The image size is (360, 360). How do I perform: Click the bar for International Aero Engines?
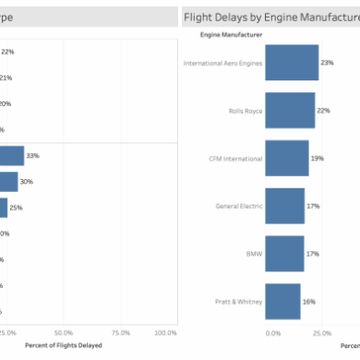(x=291, y=63)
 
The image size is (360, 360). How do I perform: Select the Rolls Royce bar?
(x=290, y=110)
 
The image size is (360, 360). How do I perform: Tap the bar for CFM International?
(x=286, y=158)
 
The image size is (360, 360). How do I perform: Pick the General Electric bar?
(x=284, y=205)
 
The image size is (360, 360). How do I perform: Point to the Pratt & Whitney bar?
(x=282, y=300)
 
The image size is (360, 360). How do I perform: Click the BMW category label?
(x=255, y=253)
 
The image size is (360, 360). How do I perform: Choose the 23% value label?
(x=327, y=63)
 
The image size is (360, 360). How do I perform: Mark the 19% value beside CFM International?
(x=317, y=158)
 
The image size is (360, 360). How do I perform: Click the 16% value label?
(x=309, y=300)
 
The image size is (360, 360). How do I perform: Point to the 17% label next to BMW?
(x=312, y=253)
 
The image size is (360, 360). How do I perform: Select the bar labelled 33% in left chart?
(x=11, y=156)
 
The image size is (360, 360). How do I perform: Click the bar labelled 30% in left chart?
(x=8, y=182)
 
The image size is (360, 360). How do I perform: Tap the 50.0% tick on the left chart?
(x=63, y=331)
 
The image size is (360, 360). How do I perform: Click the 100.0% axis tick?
(x=165, y=331)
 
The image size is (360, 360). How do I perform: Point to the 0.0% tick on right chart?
(x=273, y=331)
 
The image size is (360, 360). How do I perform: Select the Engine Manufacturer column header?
(x=231, y=34)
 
